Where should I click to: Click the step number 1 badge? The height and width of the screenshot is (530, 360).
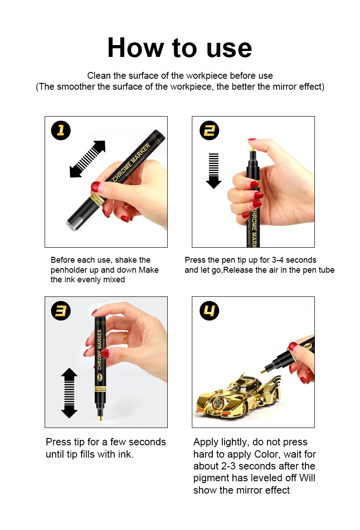[61, 131]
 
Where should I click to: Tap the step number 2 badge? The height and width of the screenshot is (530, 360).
[210, 131]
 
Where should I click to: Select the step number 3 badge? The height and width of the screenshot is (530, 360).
[61, 311]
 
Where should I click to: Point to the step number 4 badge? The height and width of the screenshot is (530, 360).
[210, 311]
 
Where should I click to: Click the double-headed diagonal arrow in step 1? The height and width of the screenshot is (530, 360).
[87, 159]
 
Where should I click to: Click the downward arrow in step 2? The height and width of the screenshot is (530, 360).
[214, 171]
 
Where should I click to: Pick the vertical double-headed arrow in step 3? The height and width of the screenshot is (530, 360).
[69, 393]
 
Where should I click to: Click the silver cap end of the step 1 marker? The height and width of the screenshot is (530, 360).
[72, 224]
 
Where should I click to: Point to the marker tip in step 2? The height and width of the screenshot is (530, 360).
[252, 146]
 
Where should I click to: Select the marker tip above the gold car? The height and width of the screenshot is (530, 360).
[262, 372]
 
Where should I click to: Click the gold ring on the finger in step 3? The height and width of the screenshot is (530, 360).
[125, 338]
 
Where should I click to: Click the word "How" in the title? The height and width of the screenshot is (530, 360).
[135, 48]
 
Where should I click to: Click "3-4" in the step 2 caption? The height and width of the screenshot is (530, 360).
[278, 260]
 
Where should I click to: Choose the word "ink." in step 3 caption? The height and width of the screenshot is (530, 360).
[125, 454]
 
